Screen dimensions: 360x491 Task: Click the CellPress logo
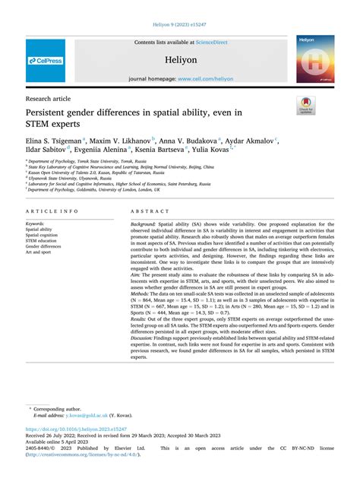click(45, 61)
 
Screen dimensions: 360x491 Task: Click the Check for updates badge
click(308, 105)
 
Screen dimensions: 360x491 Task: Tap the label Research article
click(47, 98)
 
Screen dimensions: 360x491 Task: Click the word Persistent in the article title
click(51, 112)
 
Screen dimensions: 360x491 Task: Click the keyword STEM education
click(45, 241)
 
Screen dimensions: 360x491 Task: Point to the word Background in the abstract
click(143, 225)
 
